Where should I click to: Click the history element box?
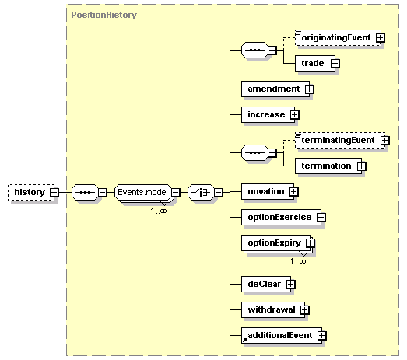(x=31, y=193)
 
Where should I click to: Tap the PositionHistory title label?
(x=104, y=15)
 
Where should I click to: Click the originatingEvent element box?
(x=338, y=38)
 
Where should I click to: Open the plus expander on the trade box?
(x=335, y=64)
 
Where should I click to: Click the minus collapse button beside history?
(x=54, y=193)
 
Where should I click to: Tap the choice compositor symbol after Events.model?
(x=201, y=193)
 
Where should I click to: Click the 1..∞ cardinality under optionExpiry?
(x=298, y=261)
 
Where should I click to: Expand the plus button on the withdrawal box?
(x=305, y=310)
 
